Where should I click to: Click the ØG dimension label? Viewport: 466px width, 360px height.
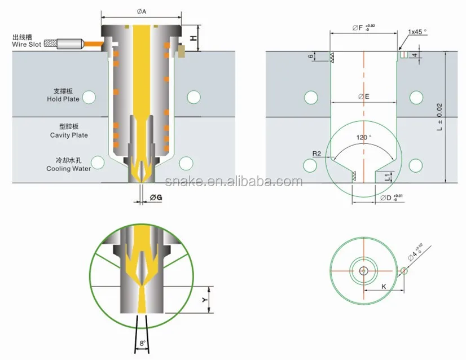pyautogui.click(x=156, y=197)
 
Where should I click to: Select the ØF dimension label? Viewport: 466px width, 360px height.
pyautogui.click(x=359, y=27)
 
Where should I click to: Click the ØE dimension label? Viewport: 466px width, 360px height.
pyautogui.click(x=364, y=96)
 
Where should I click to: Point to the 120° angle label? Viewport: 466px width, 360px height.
pyautogui.click(x=364, y=138)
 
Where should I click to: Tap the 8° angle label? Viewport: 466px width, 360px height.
pyautogui.click(x=143, y=343)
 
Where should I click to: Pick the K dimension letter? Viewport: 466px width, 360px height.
pyautogui.click(x=383, y=286)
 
